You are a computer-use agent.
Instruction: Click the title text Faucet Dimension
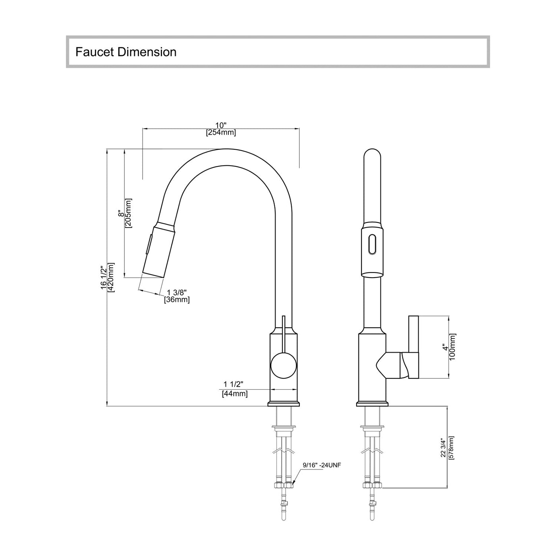tap(126, 52)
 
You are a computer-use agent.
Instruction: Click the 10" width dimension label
tap(221, 125)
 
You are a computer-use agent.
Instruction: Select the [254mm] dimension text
tap(221, 133)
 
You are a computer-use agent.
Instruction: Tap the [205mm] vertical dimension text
tap(129, 213)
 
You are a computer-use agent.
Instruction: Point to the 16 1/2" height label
tap(104, 278)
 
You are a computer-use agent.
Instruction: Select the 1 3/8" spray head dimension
tap(177, 293)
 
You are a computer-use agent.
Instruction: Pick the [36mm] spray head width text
tap(177, 300)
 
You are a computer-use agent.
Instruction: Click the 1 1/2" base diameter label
tap(233, 384)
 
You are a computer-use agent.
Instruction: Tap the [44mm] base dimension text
tap(235, 394)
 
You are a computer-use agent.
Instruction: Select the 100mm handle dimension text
tap(453, 347)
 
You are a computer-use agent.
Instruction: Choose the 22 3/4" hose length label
tap(444, 448)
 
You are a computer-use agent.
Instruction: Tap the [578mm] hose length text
tap(451, 448)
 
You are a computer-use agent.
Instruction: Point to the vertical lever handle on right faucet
tap(413, 347)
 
